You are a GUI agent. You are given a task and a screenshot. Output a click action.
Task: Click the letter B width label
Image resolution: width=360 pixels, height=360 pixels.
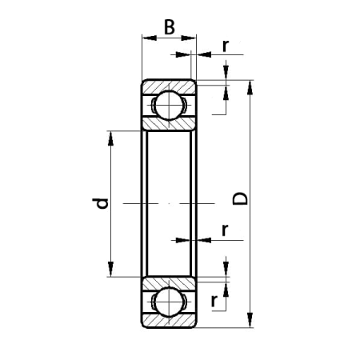170,27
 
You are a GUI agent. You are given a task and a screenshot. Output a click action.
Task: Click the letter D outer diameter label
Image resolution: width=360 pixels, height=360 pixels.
240,198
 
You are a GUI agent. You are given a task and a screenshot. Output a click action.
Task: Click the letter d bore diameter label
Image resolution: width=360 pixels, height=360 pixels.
101,203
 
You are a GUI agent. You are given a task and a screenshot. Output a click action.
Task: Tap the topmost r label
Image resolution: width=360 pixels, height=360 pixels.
226,46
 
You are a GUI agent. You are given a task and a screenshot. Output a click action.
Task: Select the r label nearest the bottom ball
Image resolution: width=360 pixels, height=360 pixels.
214,301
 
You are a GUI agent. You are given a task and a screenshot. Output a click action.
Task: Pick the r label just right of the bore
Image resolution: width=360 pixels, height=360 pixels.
225,230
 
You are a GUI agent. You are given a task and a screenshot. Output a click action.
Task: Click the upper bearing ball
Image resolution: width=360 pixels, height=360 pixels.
169,106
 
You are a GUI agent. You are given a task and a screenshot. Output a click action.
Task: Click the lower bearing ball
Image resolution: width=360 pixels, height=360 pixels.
169,302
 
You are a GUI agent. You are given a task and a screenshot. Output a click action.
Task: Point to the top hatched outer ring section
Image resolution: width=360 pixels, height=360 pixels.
169,87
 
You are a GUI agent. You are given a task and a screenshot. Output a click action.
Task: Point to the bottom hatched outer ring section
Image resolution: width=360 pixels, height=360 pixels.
169,321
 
